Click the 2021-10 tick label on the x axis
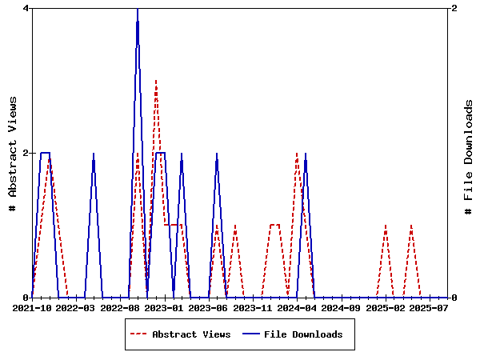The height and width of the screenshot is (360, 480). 33,307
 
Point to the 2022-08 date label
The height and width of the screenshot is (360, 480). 120,307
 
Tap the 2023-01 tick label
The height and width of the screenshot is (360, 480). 164,307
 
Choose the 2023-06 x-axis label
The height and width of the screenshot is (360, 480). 208,307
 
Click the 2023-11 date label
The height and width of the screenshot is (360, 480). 252,307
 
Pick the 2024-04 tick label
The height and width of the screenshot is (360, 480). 296,307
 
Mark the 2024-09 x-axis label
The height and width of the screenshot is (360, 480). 340,307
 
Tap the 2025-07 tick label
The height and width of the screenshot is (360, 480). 427,307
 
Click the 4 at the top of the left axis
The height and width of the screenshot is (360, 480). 26,8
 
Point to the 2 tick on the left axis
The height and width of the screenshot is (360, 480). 26,153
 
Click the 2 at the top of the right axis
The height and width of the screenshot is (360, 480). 454,8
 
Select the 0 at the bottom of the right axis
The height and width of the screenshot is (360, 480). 454,298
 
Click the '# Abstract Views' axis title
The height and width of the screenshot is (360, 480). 12,153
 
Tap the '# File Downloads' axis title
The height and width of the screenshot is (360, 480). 469,153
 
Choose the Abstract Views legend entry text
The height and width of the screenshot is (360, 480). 191,334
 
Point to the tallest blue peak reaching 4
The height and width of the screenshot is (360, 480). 138,10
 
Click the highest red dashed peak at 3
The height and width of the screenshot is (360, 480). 156,82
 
